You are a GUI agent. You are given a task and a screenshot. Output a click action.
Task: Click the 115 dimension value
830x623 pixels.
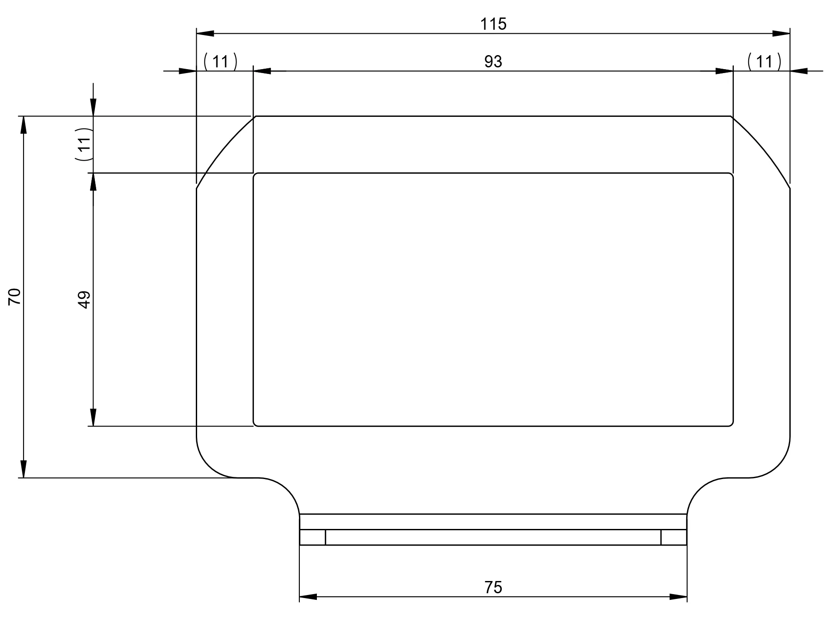493,24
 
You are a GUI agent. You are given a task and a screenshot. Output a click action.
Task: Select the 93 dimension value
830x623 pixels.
493,62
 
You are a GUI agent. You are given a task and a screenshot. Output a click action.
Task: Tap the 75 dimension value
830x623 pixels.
493,587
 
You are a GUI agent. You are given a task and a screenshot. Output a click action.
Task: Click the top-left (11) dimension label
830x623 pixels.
220,62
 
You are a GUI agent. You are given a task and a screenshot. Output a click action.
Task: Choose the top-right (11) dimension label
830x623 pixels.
764,62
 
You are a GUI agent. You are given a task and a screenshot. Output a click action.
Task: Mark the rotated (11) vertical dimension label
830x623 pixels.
83,144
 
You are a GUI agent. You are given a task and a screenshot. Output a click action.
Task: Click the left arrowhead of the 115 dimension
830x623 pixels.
205,33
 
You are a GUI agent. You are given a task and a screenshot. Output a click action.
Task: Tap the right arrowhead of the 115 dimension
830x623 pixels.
781,33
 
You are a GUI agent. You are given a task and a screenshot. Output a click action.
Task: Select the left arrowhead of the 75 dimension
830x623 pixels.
308,597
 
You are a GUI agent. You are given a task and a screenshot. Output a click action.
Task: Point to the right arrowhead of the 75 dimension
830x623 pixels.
679,597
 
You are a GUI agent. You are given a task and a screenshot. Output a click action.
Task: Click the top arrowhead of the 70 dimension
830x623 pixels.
24,125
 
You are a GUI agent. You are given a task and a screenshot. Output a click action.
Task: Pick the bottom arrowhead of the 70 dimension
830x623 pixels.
24,469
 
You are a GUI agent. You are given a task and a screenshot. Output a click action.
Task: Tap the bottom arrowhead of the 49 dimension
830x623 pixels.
93,417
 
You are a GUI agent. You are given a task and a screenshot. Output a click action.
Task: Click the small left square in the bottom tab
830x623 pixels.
313,537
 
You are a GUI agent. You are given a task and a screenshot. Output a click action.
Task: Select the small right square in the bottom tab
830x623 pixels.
674,537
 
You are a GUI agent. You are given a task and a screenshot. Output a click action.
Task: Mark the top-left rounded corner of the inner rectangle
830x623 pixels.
255,175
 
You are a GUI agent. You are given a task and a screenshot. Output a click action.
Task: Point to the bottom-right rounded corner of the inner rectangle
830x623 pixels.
731,424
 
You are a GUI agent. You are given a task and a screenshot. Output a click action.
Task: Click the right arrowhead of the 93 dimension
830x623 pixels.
724,71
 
